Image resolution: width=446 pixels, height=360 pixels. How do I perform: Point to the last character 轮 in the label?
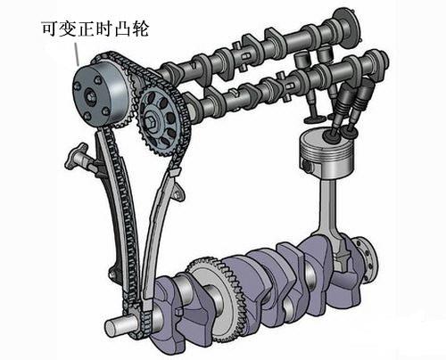tap(139, 29)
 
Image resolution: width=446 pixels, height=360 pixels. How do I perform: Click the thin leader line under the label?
tap(82, 54)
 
